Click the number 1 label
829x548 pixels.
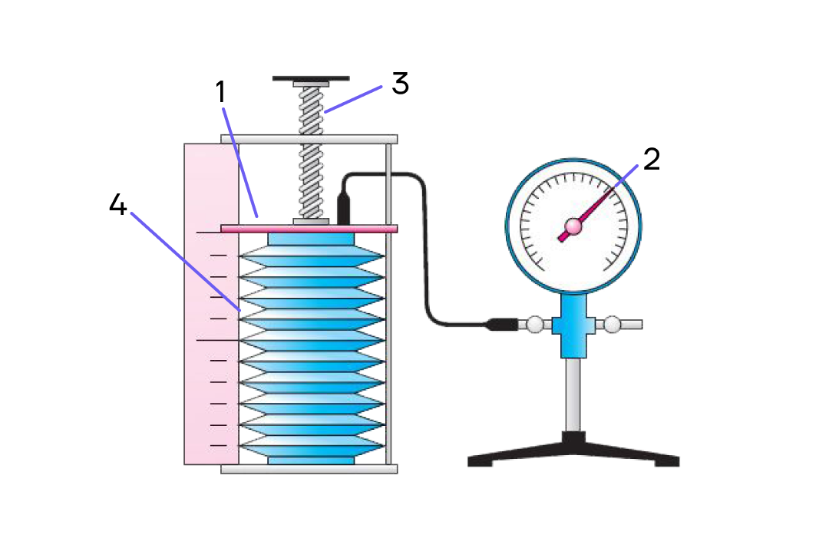(x=221, y=91)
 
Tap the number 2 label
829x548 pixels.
(x=652, y=159)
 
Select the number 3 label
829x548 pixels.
(x=400, y=83)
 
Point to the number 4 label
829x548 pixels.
(x=118, y=204)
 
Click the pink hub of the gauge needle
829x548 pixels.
(x=573, y=226)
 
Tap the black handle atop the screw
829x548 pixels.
(x=311, y=79)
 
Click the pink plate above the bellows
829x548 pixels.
(x=309, y=229)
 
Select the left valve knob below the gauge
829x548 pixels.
(x=534, y=324)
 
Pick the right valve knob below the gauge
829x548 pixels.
(x=612, y=324)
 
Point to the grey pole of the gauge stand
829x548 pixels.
(x=573, y=394)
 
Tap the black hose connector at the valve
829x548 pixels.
(x=502, y=324)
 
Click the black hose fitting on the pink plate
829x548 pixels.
(x=344, y=210)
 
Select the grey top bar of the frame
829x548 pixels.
(x=309, y=139)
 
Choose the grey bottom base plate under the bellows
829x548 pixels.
(x=309, y=469)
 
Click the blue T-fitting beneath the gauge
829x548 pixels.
(x=573, y=325)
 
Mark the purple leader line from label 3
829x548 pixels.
(x=353, y=99)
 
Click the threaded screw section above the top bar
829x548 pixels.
(x=311, y=111)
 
